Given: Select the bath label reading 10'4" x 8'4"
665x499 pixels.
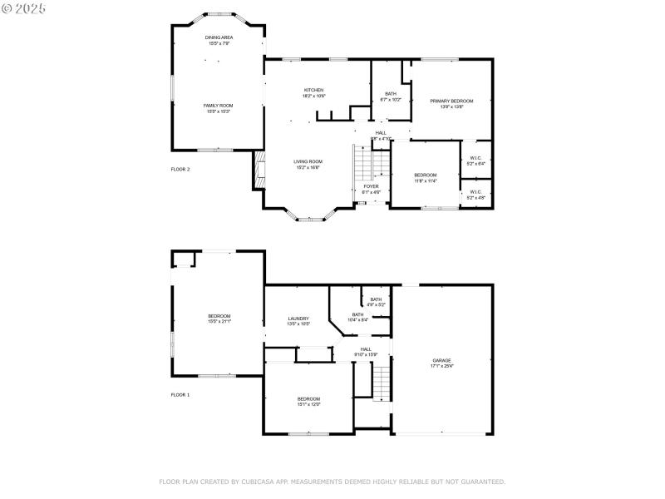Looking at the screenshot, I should [357, 317].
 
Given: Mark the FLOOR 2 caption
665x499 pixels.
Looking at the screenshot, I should [180, 169].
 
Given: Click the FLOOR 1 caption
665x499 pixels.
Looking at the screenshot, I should [180, 394].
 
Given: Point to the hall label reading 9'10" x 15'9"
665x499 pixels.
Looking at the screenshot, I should [366, 352].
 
